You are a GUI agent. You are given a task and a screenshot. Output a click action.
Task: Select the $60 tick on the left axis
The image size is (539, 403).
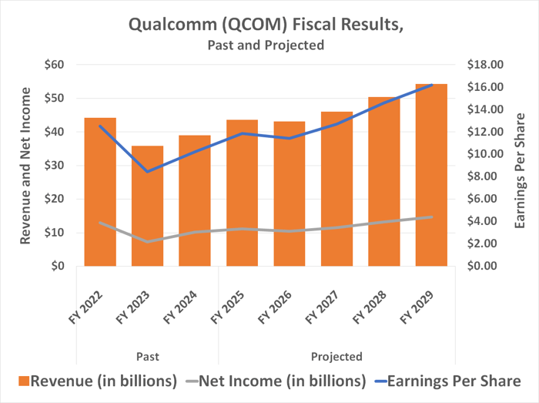tap(55, 65)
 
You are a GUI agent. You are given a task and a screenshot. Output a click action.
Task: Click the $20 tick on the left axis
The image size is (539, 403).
tap(55, 199)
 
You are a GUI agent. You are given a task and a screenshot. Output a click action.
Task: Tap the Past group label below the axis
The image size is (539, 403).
tap(147, 357)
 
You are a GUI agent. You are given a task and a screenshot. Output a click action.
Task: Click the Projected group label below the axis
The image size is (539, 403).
tap(336, 357)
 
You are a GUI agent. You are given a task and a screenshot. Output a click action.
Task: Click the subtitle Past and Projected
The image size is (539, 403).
tap(266, 45)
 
